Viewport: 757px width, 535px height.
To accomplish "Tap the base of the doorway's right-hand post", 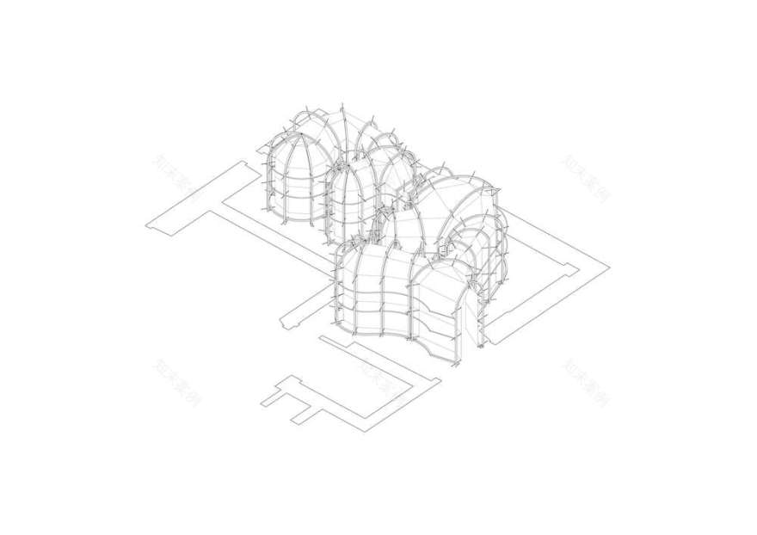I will (487, 344).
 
